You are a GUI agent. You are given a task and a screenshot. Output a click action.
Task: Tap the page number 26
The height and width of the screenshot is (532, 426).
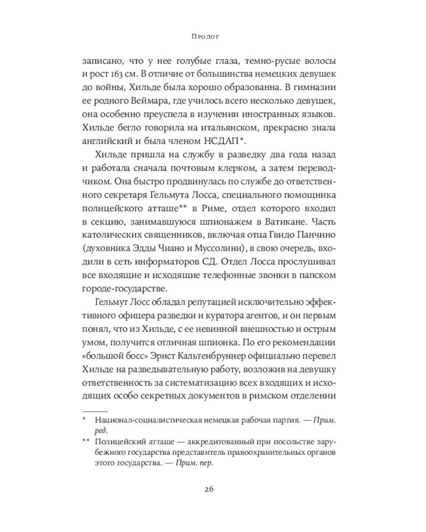pos(212,489)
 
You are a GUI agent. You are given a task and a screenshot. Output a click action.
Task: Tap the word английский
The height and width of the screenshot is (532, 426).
pos(110,141)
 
